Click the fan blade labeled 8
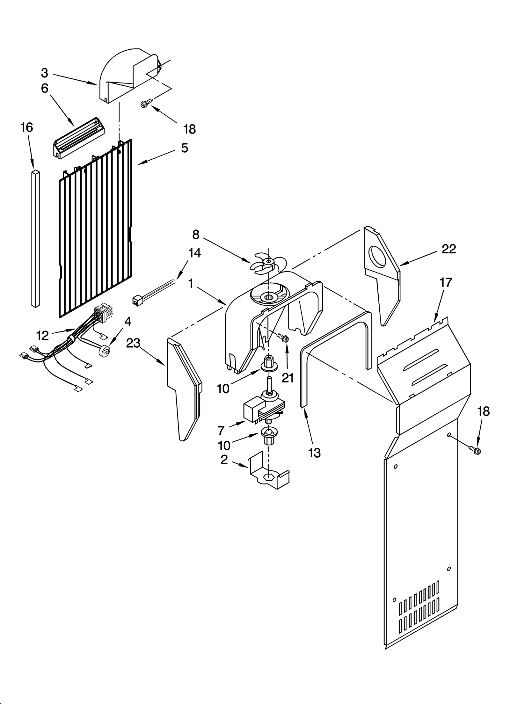coord(267,263)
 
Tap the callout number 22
coord(449,249)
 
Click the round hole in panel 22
coord(377,256)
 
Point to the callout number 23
coord(133,343)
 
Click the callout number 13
coord(314,453)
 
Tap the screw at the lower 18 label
coord(475,450)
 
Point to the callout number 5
coord(185,148)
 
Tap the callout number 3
coord(44,73)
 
